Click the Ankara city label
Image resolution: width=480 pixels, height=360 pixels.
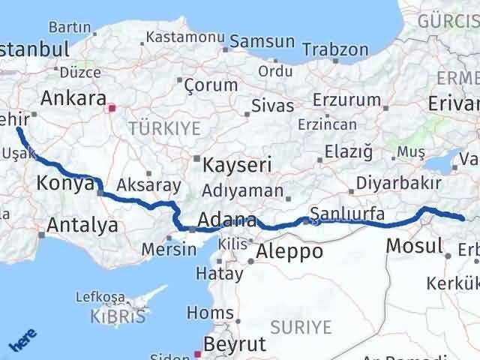point(72,97)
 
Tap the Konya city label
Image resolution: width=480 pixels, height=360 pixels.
point(64,182)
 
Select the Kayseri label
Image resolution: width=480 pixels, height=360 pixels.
point(231,164)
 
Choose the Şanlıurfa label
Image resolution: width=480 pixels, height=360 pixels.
point(347,214)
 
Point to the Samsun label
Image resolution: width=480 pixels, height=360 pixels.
point(262,40)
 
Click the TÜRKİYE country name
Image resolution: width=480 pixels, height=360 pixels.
point(159,129)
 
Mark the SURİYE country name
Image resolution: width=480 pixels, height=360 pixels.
point(300,326)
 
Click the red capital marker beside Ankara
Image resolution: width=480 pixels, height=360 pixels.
point(112,108)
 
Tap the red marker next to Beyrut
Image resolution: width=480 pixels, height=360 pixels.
point(199,353)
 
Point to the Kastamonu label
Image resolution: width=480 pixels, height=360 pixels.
point(181,36)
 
